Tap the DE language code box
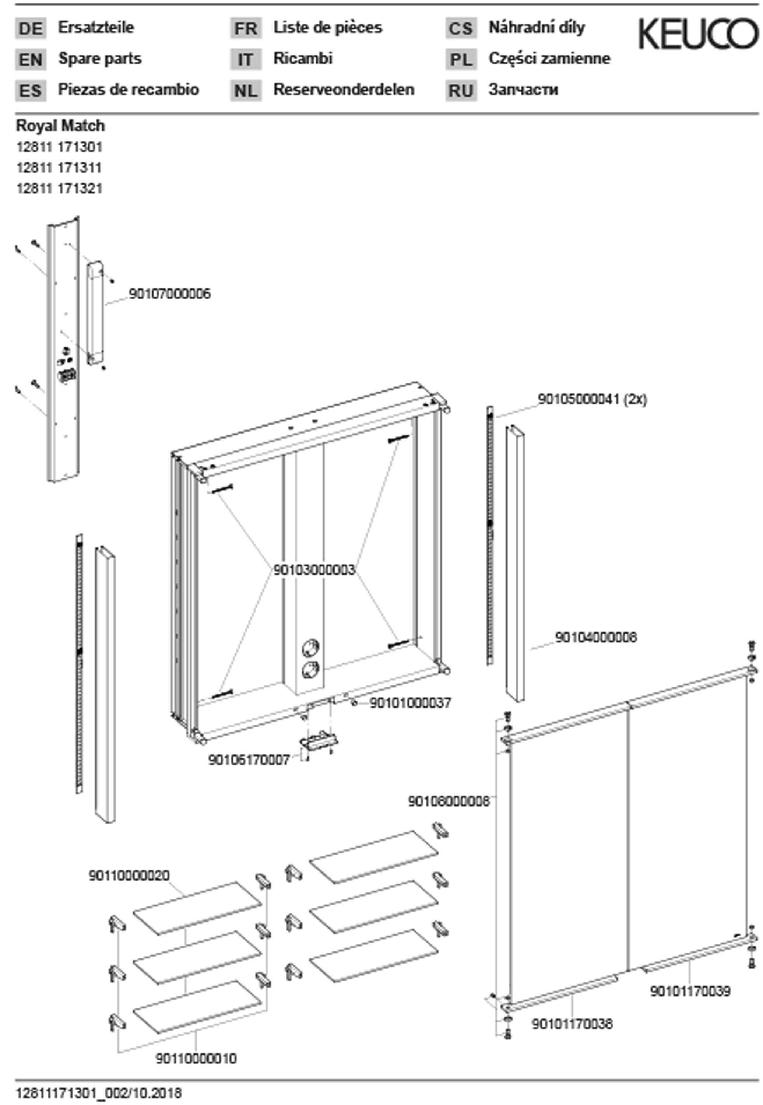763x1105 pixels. coord(31,28)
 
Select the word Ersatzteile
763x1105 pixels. coord(96,27)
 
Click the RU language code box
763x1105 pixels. coord(461,90)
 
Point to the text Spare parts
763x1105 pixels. coord(99,58)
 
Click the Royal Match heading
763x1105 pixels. coord(60,126)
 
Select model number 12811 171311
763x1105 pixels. coord(59,167)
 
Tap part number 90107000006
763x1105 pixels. coord(170,293)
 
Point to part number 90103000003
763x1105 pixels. coord(314,569)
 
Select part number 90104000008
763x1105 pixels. coord(596,637)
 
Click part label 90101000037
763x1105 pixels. coord(411,702)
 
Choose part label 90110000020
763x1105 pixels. coord(129,876)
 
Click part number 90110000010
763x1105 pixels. coord(196,1059)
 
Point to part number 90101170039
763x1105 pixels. coord(690,991)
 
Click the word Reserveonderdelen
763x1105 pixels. coord(344,90)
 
